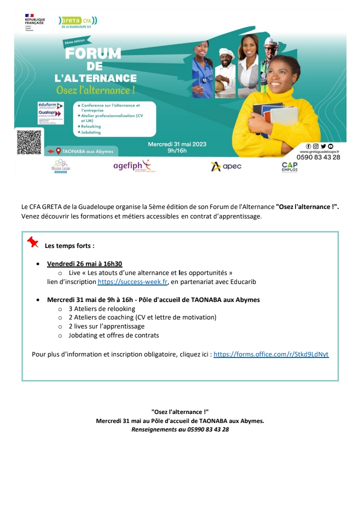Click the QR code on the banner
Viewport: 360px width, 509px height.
pyautogui.click(x=28, y=142)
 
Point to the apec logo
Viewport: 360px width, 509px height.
pyautogui.click(x=226, y=166)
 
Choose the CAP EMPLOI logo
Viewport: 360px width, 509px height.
pyautogui.click(x=289, y=166)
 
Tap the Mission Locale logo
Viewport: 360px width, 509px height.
pyautogui.click(x=60, y=166)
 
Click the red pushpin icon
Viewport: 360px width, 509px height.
pyautogui.click(x=32, y=242)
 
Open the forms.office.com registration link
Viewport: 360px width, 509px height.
pyautogui.click(x=271, y=354)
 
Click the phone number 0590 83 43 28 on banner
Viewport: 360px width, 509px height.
pyautogui.click(x=318, y=157)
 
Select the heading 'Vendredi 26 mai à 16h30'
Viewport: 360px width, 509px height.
pyautogui.click(x=84, y=264)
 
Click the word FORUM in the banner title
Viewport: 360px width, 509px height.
pyautogui.click(x=93, y=54)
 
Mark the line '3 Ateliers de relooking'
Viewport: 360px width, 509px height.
pyautogui.click(x=102, y=308)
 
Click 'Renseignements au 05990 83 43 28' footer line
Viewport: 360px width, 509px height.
pyautogui.click(x=180, y=429)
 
